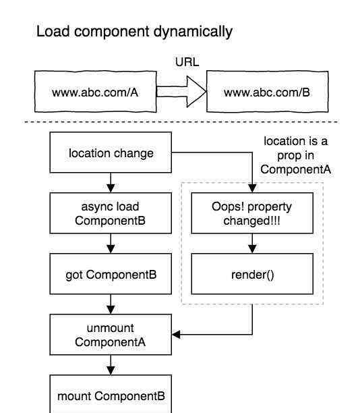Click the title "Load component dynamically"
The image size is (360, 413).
coord(134,32)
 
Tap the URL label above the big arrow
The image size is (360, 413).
coord(187,62)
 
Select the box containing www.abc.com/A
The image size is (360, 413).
coord(96,91)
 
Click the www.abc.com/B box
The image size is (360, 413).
coord(268,91)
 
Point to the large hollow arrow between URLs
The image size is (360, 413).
coord(181,92)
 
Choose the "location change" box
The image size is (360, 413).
coord(111,153)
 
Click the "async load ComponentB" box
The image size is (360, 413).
coord(111,213)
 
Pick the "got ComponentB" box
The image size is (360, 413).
coord(111,274)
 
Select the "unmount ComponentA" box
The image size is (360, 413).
coord(111,335)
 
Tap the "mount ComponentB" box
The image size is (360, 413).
coord(111,394)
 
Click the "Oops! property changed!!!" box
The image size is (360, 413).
coord(252,213)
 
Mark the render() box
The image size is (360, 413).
coord(252,274)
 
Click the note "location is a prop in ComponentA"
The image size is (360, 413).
coord(295,155)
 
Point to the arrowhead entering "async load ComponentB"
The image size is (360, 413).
coord(111,188)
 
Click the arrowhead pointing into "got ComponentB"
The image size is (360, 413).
coord(111,249)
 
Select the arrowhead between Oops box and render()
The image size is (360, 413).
coord(252,249)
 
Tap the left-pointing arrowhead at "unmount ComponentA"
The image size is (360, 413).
coord(177,335)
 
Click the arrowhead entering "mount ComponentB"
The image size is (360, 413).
coord(111,370)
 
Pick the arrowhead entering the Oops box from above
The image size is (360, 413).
coord(252,188)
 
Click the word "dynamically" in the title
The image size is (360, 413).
coord(193,32)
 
